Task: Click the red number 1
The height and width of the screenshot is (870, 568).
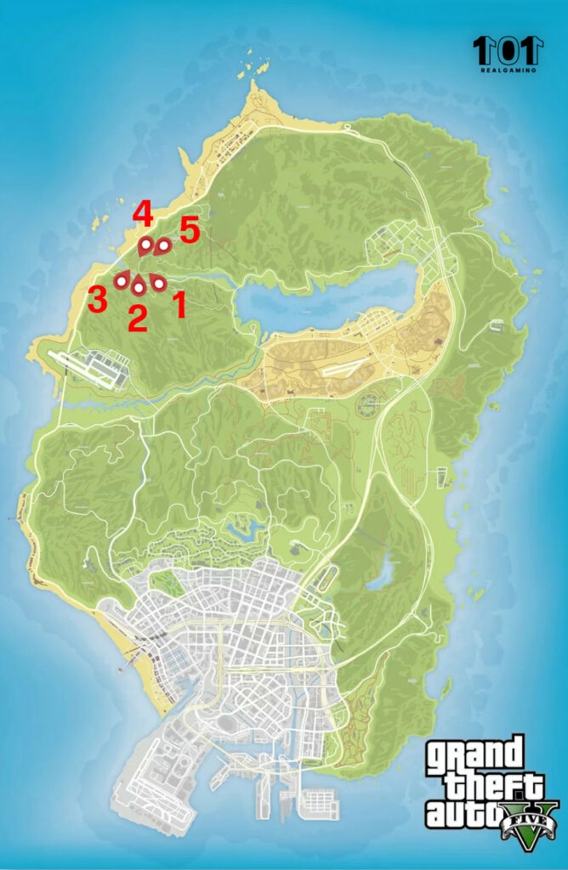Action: [x=179, y=304]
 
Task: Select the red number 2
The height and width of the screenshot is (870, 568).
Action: [x=137, y=318]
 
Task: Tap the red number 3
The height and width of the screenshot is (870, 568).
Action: [x=97, y=299]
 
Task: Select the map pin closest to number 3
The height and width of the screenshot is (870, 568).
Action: [x=122, y=280]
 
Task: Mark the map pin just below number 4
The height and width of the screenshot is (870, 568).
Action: [x=145, y=246]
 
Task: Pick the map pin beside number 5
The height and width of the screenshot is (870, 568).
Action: [x=163, y=246]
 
